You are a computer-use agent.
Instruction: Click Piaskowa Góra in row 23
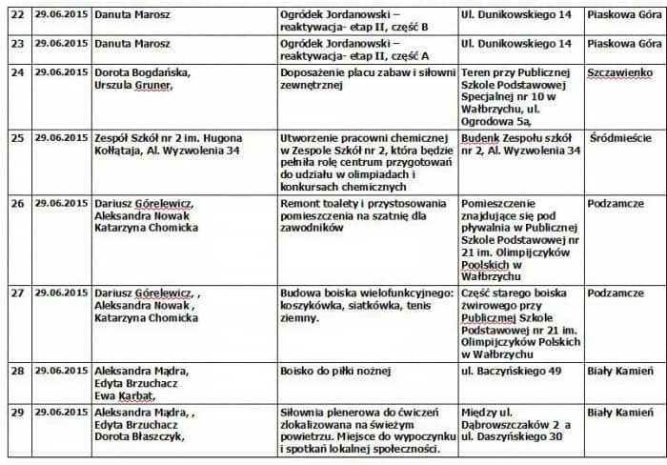tap(624, 44)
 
